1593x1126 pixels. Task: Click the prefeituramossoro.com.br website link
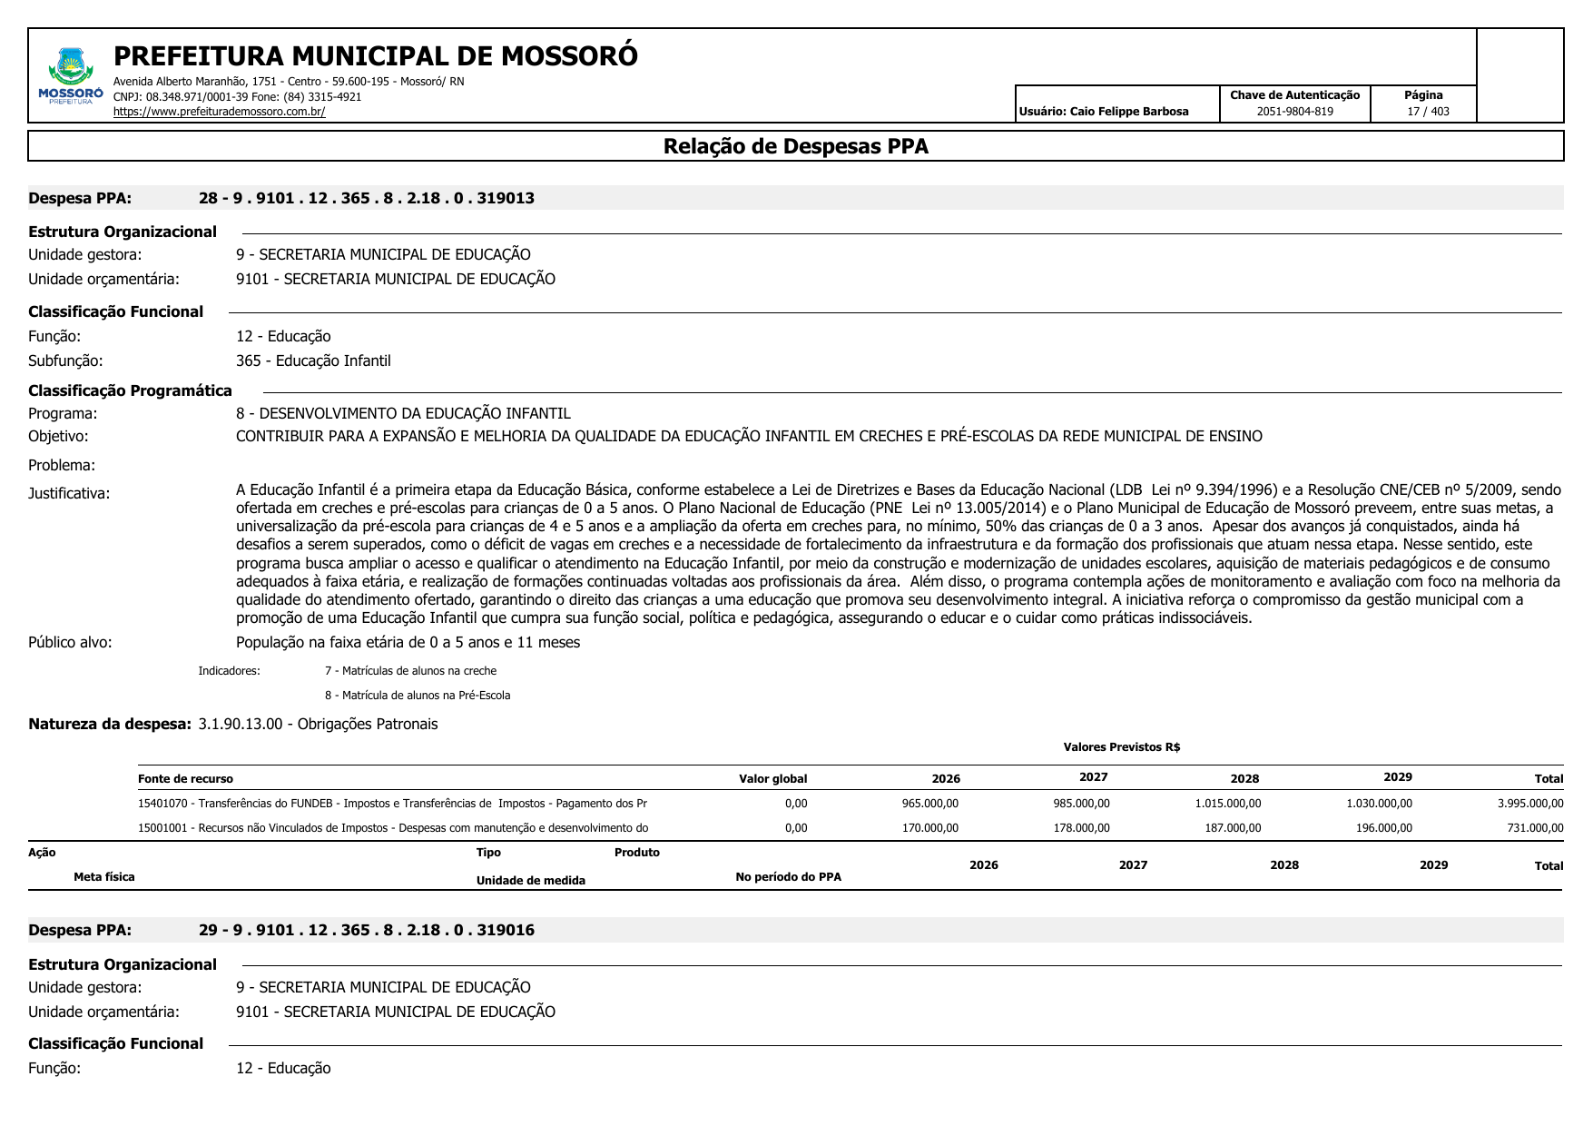tap(219, 112)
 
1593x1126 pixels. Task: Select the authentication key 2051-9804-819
tap(1294, 112)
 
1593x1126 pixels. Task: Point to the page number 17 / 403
tap(1428, 112)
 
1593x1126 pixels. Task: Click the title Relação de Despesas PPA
tap(795, 146)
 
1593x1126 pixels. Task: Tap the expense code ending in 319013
tap(366, 198)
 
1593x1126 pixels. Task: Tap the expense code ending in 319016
tap(366, 930)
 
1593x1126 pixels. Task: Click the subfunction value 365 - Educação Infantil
tap(313, 361)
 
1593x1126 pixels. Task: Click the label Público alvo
tap(70, 642)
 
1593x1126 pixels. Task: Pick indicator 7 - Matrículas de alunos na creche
tap(410, 671)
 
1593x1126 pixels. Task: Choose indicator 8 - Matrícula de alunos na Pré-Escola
tap(418, 696)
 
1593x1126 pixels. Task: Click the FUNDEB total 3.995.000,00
tap(1529, 804)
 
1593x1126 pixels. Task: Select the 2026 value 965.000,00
tap(929, 804)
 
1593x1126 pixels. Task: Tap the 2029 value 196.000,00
tap(1383, 828)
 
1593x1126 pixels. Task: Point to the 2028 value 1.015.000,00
tap(1227, 804)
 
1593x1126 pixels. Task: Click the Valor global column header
tap(772, 778)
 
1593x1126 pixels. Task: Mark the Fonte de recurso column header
tap(185, 778)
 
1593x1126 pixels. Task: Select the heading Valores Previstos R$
tap(1121, 747)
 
